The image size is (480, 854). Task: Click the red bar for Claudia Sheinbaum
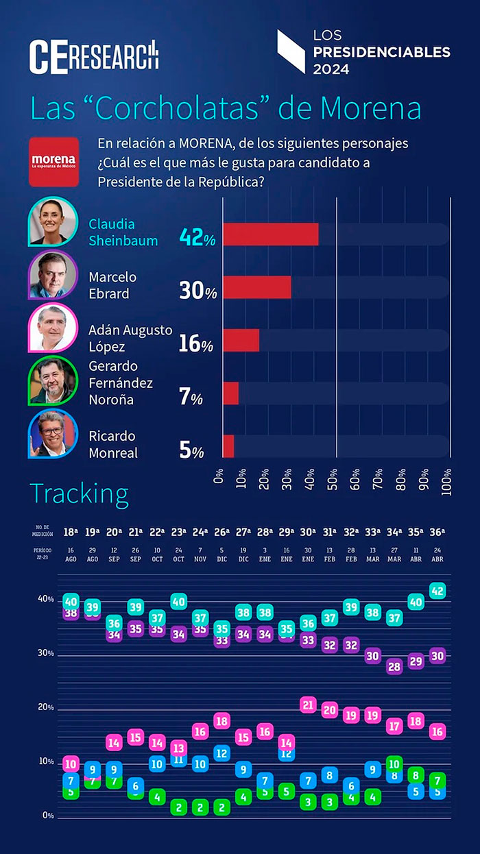coord(270,234)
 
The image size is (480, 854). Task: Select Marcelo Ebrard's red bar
coord(256,287)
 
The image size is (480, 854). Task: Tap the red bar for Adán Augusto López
coord(241,340)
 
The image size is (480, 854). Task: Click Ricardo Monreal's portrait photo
coord(53,434)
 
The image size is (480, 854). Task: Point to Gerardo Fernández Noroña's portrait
coord(53,381)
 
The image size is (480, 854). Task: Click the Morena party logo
coord(53,162)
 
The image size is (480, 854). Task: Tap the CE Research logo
coord(94,56)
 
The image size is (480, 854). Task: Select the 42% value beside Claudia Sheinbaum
coord(197,236)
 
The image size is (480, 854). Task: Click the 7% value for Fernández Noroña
coord(191,396)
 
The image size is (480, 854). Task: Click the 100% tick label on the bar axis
coord(446,476)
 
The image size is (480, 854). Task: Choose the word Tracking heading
coord(79,493)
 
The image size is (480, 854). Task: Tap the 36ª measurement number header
coord(437,532)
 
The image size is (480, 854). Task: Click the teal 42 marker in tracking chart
coord(437,591)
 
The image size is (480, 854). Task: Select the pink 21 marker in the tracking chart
coord(308,705)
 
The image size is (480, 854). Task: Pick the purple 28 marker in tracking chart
coord(394,666)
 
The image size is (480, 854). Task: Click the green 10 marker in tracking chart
coord(394,764)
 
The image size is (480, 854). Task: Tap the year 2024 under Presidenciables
coord(331,69)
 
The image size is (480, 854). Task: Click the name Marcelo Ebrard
coord(112,284)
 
